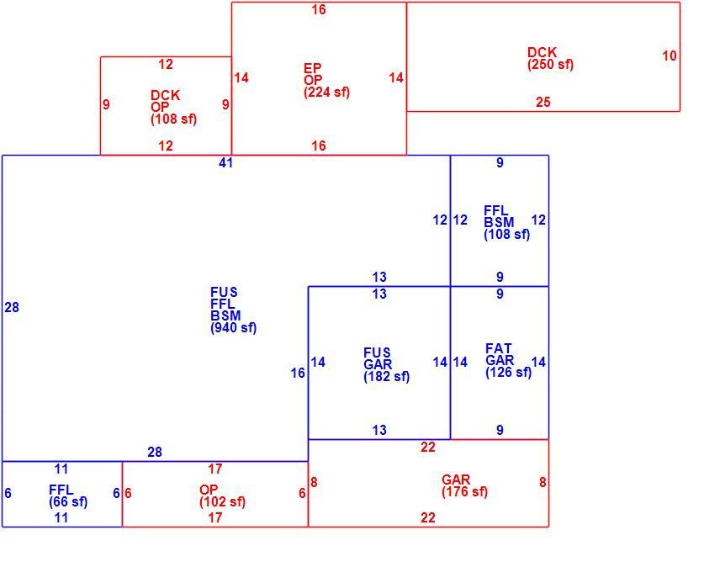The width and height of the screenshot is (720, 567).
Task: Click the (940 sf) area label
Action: pos(233,328)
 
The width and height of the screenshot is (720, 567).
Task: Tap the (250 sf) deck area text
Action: pos(550,64)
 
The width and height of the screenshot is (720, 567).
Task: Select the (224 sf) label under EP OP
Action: pos(326,93)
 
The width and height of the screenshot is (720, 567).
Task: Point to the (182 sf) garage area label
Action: pos(386,377)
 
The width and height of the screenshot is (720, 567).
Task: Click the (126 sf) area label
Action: pos(508,373)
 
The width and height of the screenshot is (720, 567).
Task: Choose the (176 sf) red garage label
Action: pos(464,492)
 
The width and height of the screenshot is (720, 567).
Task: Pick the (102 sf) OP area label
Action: pos(222,502)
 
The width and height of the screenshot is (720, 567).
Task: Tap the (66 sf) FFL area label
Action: pos(68,502)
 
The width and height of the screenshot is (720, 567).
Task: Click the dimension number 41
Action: pos(225,163)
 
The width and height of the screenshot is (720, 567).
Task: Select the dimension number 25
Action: pos(543,102)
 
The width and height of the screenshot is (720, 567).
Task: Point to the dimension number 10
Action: pos(669,56)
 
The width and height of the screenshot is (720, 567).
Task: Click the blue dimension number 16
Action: pos(298,374)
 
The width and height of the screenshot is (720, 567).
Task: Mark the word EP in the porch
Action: pos(312,68)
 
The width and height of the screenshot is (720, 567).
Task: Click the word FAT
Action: pos(498,348)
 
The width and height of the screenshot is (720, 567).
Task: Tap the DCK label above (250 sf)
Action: pos(542,52)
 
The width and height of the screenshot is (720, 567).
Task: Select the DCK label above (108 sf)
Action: pos(166,96)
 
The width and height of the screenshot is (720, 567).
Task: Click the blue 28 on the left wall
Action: pos(12,308)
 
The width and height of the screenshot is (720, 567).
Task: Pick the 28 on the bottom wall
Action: pos(154,453)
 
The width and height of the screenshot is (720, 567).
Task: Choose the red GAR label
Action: pos(456,480)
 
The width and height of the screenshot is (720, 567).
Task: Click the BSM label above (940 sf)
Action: pos(225,315)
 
